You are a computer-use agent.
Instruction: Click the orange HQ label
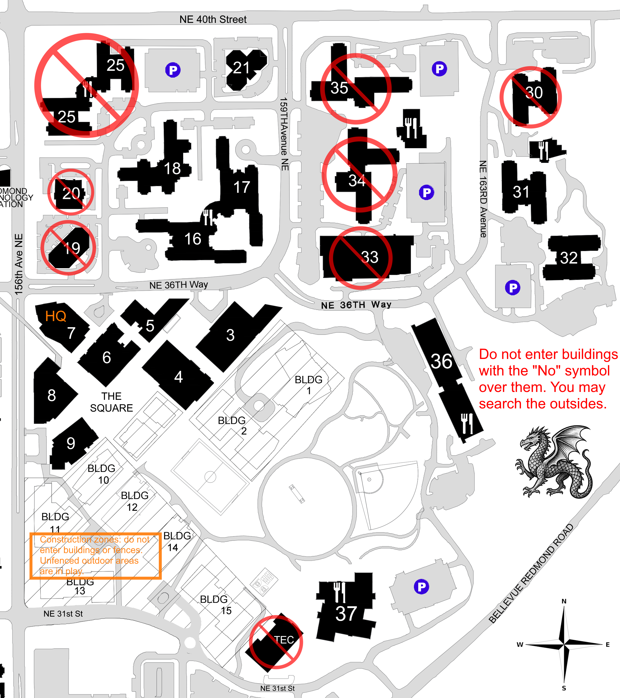point(56,316)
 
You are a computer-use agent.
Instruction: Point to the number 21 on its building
point(241,68)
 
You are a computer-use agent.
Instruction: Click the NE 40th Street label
point(213,19)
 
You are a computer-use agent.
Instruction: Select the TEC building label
point(284,640)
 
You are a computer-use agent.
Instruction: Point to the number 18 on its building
point(172,168)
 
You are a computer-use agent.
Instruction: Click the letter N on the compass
point(564,601)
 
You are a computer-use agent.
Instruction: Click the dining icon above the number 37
point(340,592)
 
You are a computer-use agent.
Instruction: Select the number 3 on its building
point(230,335)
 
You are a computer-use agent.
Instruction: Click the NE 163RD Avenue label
point(483,199)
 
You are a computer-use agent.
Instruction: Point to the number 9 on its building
point(71,443)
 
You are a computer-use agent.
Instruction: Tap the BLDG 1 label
point(309,385)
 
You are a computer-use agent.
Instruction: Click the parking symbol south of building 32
point(513,288)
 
